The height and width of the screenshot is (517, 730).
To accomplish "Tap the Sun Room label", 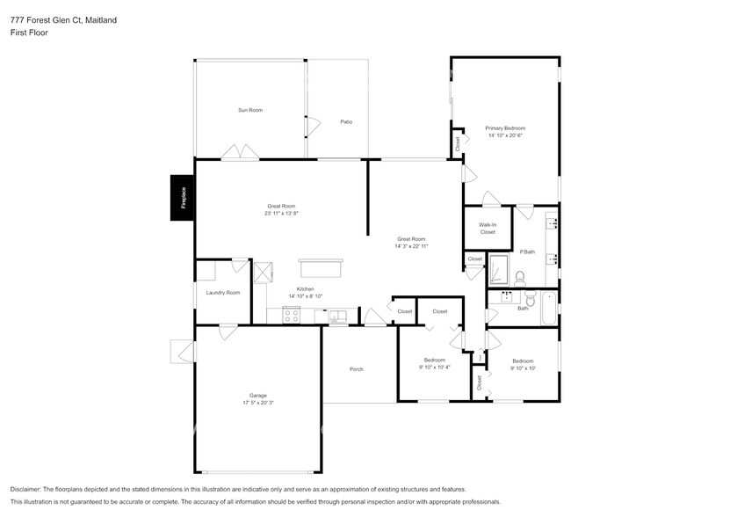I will [250, 110].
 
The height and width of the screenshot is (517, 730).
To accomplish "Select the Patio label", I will [346, 121].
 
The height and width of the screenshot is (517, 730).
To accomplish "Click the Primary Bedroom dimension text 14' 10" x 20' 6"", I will [505, 135].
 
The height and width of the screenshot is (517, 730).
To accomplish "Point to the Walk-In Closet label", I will [488, 229].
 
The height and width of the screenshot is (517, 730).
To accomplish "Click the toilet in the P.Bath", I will [519, 278].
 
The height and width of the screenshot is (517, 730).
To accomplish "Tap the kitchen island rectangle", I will [324, 268].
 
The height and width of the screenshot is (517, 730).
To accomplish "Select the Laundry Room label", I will [222, 292].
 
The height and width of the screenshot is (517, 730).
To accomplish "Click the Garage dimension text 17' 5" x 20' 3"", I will [259, 402].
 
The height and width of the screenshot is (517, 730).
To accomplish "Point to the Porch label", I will [356, 368].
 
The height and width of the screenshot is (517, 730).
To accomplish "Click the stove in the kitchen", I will [292, 316].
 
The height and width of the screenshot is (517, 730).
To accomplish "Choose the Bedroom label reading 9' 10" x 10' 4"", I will [435, 368].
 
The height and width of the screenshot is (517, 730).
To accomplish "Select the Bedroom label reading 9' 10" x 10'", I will [523, 368].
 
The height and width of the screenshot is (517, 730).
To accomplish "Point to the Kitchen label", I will [305, 288].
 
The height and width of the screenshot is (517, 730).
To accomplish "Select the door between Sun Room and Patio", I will [307, 127].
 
